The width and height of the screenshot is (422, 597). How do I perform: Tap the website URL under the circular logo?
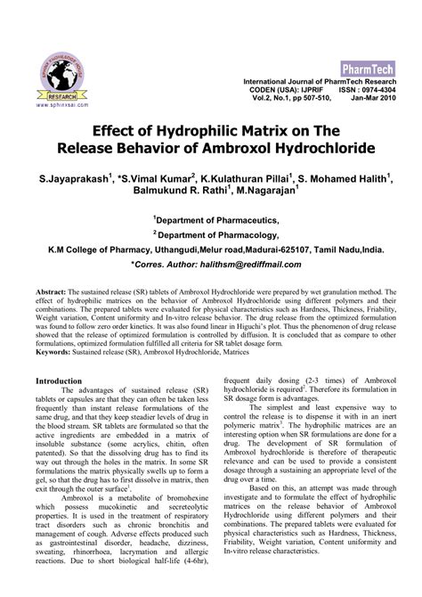pos(61,104)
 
